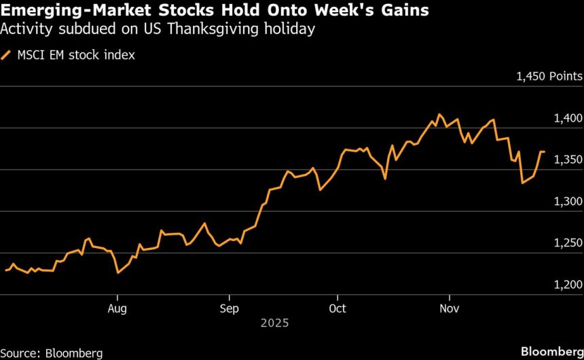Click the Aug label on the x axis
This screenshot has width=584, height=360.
point(117,308)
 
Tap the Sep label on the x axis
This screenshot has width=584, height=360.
point(229,308)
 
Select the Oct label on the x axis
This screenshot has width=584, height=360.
point(337,308)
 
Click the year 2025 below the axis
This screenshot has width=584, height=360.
point(275,323)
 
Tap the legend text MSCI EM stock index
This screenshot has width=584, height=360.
point(76,56)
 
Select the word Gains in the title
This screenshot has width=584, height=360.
point(405,12)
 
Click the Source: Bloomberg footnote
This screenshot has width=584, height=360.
point(52,353)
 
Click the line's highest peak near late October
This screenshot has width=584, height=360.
point(439,114)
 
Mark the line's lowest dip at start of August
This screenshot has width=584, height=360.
point(118,273)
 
